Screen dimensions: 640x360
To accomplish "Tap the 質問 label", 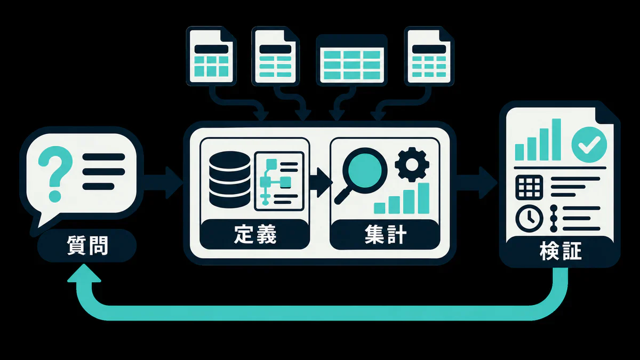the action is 87,245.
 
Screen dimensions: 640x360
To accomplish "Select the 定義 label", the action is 255,234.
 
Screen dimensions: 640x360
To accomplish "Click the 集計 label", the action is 385,234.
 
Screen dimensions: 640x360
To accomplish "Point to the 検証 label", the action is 561,251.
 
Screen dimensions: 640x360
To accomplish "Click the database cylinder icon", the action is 230,179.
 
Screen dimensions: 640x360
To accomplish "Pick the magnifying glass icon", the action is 361,175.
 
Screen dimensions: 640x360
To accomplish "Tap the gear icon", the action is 412,165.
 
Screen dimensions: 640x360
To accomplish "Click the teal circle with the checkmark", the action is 589,145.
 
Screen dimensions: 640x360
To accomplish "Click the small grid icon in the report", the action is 529,187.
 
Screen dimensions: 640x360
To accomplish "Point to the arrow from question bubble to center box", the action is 163,182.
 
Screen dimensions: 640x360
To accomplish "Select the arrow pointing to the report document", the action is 477,182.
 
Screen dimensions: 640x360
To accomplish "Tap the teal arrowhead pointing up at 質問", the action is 84,274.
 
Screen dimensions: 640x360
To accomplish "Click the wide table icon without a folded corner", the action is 351,60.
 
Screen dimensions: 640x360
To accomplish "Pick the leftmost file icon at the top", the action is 211,56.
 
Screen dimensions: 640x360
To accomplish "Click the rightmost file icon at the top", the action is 429,56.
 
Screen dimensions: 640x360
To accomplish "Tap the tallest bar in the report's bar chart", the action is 556,139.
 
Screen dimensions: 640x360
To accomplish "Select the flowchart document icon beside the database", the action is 279,181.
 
